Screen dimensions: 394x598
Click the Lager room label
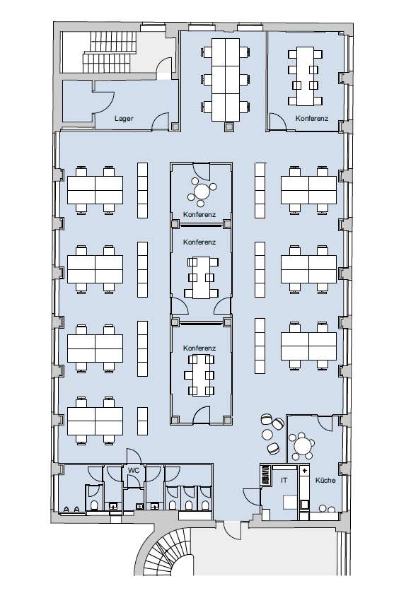(124, 118)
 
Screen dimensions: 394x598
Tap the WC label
(134, 470)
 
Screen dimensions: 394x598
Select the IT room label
(284, 480)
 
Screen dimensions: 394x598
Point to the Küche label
(325, 480)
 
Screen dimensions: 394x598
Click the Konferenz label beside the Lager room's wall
(311, 118)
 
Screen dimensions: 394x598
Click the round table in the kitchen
(303, 445)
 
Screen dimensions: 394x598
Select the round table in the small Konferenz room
(202, 191)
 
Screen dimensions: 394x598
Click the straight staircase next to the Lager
(110, 52)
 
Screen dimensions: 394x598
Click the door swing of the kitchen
(325, 423)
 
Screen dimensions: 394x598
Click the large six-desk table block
(226, 79)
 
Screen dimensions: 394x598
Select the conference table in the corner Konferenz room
(305, 76)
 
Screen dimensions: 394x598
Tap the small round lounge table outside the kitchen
(267, 435)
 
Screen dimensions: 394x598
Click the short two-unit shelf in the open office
(142, 421)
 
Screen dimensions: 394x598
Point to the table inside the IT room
(290, 503)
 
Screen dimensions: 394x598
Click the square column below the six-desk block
(229, 127)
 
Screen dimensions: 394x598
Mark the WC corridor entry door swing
(134, 456)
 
